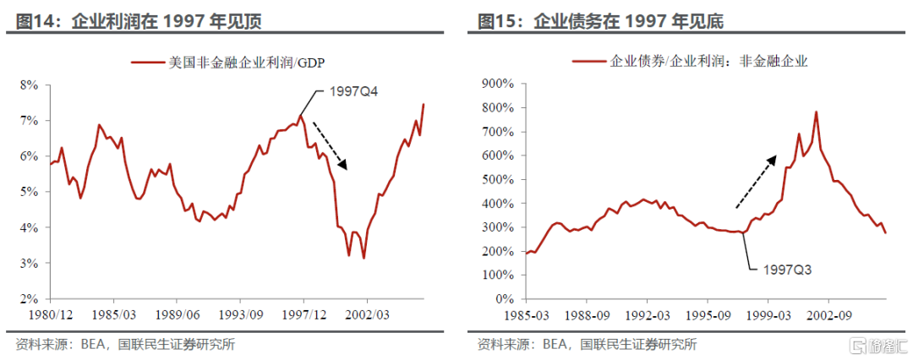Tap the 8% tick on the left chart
(x=30, y=85)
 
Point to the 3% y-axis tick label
(x=30, y=264)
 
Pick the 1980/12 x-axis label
(x=50, y=314)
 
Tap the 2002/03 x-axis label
(x=367, y=314)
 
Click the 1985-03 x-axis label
(x=527, y=314)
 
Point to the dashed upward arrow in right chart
(x=755, y=182)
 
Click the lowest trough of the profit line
(x=364, y=258)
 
